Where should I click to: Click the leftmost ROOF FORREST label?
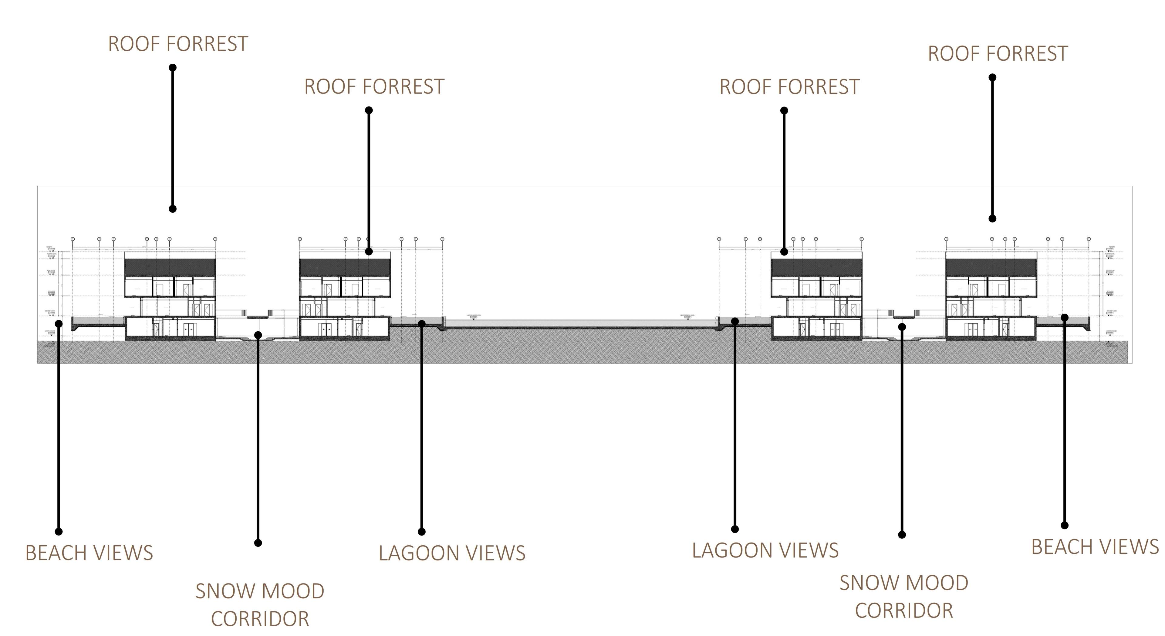click(178, 44)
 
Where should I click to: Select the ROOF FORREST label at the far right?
click(998, 54)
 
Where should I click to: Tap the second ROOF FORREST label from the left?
click(374, 87)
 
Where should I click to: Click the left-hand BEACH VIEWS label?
click(89, 553)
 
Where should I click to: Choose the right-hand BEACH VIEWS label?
click(1095, 547)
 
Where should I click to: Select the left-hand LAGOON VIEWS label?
click(452, 553)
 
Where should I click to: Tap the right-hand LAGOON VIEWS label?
click(765, 550)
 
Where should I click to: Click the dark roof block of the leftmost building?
click(170, 267)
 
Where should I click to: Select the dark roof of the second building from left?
click(345, 267)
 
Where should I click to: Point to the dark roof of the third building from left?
click(816, 267)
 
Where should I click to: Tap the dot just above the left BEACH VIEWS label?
click(58, 532)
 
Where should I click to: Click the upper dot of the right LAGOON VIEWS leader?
click(735, 321)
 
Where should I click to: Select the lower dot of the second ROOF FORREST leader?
click(369, 252)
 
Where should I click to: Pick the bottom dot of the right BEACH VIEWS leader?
click(1065, 526)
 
